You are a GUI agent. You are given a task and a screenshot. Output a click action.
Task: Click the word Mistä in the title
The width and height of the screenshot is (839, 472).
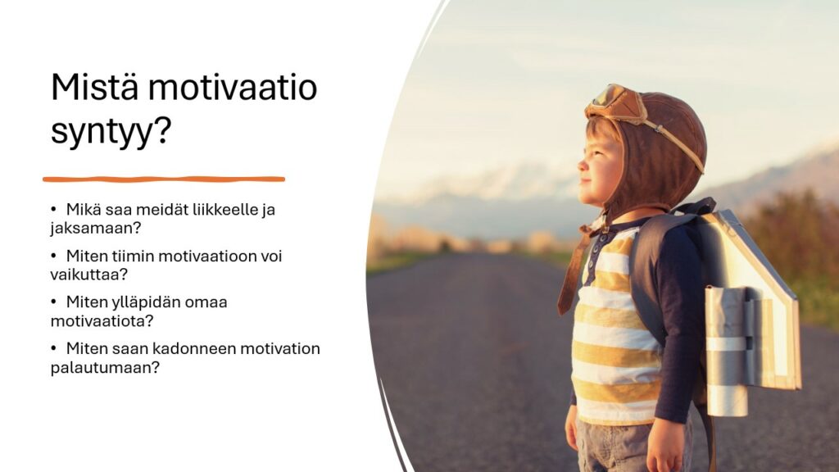pyautogui.click(x=94, y=87)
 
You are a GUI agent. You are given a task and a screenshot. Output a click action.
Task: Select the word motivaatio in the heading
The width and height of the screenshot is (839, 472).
pyautogui.click(x=233, y=87)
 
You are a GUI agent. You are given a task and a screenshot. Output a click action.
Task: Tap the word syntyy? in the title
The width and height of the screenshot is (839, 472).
pyautogui.click(x=111, y=131)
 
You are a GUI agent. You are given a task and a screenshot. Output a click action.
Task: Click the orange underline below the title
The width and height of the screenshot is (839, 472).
pyautogui.click(x=164, y=179)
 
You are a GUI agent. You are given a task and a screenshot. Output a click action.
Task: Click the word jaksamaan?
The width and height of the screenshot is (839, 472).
pyautogui.click(x=96, y=229)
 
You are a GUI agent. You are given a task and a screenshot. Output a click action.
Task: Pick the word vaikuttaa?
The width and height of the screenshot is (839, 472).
pyautogui.click(x=89, y=275)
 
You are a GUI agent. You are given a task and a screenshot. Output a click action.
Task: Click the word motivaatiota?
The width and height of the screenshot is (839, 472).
pyautogui.click(x=102, y=321)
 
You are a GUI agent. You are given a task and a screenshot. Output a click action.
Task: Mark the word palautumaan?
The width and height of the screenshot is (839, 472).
pyautogui.click(x=105, y=368)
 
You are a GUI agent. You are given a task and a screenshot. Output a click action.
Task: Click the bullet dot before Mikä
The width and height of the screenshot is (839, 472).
pyautogui.click(x=53, y=209)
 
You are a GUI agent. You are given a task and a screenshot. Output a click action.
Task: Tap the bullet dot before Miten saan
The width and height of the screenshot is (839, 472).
pyautogui.click(x=53, y=349)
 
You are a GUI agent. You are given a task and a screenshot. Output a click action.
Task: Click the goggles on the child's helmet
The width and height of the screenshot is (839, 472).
pyautogui.click(x=615, y=103)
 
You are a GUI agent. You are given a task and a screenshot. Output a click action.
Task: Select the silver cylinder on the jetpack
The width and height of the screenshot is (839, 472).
pyautogui.click(x=726, y=352)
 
